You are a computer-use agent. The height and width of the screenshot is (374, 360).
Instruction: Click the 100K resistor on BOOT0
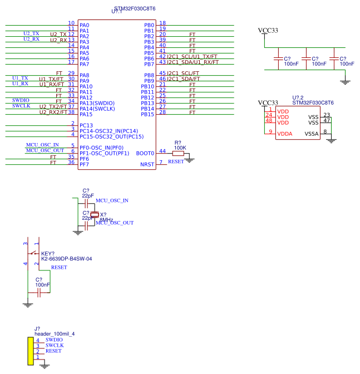pyautogui.click(x=178, y=153)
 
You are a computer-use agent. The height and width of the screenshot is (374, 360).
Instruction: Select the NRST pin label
pyautogui.click(x=147, y=164)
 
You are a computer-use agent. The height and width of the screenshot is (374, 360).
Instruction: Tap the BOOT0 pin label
pyautogui.click(x=146, y=153)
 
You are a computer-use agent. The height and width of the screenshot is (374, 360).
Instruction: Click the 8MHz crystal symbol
pyautogui.click(x=95, y=214)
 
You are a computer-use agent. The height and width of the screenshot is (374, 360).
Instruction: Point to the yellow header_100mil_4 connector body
pyautogui.click(x=29, y=351)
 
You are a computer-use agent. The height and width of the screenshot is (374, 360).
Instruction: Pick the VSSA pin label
pyautogui.click(x=312, y=134)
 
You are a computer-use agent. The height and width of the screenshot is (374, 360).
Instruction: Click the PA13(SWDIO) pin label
pyautogui.click(x=97, y=103)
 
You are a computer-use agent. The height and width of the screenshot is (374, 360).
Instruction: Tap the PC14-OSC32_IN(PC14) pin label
pyautogui.click(x=109, y=131)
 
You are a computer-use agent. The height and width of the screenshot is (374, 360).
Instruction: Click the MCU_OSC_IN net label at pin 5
pyautogui.click(x=42, y=145)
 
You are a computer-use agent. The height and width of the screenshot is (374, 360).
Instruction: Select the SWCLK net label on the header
pyautogui.click(x=55, y=346)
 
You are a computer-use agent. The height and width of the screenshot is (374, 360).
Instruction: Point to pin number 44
pyautogui.click(x=162, y=151)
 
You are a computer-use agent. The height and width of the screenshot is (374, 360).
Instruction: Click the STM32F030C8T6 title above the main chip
pyautogui.click(x=135, y=9)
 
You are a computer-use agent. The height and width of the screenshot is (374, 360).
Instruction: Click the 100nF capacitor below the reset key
pyautogui.click(x=39, y=292)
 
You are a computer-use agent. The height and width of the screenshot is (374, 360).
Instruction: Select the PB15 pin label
pyautogui.click(x=147, y=114)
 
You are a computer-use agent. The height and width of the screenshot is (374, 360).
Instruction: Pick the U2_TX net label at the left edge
pyautogui.click(x=31, y=33)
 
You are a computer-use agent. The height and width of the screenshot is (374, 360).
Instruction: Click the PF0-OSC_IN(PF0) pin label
pyautogui.click(x=105, y=147)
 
